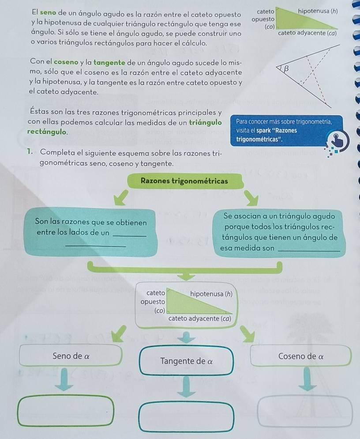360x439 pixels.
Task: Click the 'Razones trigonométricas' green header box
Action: click(184, 181)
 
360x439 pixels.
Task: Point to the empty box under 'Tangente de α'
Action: click(186, 416)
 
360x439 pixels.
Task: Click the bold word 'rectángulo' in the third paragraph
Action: click(47, 132)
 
